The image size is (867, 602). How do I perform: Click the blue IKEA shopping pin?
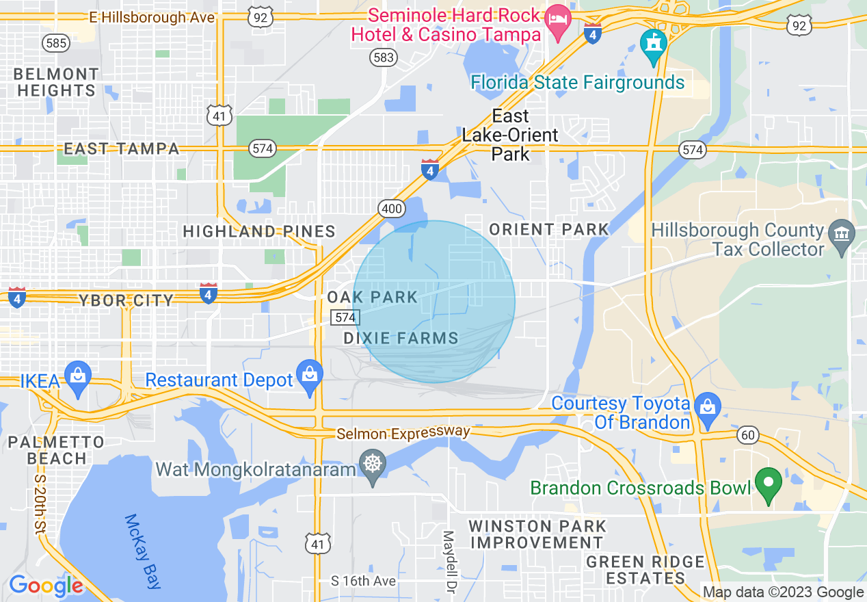coord(79,378)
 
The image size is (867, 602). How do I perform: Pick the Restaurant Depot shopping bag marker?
coord(310,376)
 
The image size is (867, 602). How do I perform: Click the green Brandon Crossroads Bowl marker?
coord(768,484)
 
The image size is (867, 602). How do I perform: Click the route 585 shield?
coord(56,43)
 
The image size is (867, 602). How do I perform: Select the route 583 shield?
coord(384,57)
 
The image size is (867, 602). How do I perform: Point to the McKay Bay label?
coord(143,551)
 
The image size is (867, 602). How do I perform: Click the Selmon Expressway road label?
coord(403,433)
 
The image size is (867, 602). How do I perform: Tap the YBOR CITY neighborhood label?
coord(126,300)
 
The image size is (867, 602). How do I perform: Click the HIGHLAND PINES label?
coord(259,232)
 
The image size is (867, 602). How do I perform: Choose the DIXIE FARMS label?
coord(401,338)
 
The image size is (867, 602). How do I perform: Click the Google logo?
coord(45,586)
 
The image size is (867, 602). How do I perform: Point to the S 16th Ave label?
coord(363,581)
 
